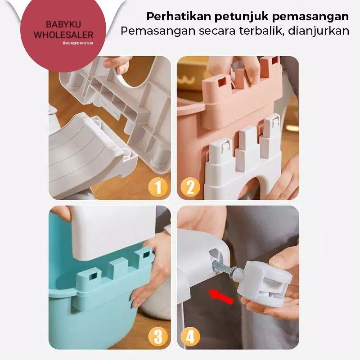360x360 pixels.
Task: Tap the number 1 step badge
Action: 157,187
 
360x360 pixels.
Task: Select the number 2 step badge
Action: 190,187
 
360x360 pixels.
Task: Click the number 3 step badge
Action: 157,337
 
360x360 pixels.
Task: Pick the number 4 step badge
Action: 190,337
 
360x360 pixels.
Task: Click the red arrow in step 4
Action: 221,297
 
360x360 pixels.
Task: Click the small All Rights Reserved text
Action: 78,43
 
